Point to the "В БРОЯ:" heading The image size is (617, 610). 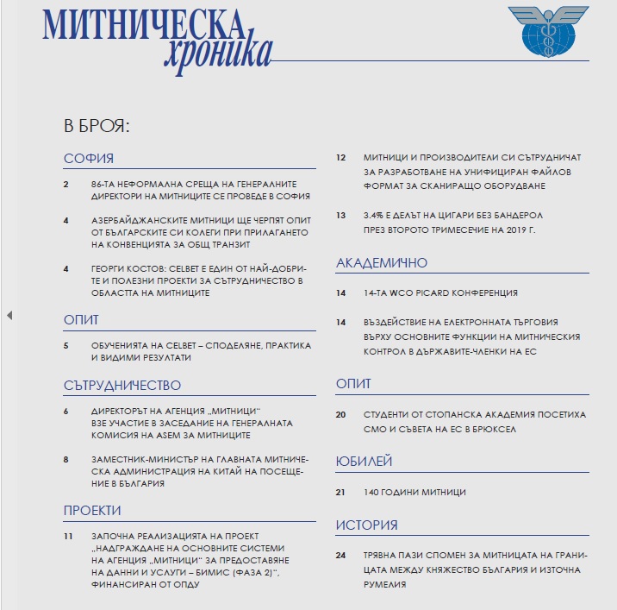click(x=97, y=125)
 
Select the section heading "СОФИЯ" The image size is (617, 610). click(x=89, y=159)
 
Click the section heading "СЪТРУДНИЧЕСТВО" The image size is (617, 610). click(x=122, y=385)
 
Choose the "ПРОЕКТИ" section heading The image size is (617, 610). click(x=92, y=511)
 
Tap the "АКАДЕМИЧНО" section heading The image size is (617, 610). click(x=381, y=262)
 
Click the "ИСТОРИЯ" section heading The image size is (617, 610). click(x=366, y=525)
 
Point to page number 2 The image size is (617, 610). click(x=66, y=185)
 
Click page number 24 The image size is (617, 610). click(x=340, y=555)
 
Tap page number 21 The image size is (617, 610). click(x=340, y=492)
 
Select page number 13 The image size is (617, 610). click(x=340, y=215)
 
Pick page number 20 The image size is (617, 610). click(x=340, y=414)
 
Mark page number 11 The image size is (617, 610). click(x=67, y=536)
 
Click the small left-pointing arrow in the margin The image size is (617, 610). click(x=9, y=316)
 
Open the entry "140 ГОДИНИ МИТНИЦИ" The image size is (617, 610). click(x=414, y=492)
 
